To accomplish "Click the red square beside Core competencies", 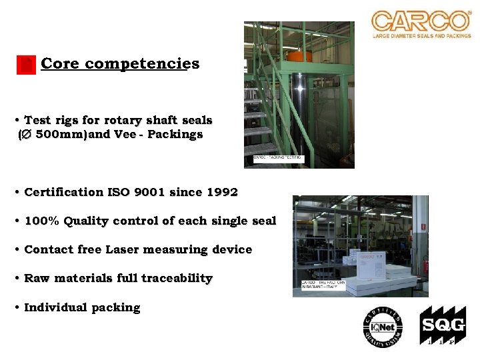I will coord(25,65).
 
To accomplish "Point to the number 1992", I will coord(222,192).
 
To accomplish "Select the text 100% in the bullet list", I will coord(40,221).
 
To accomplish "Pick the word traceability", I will coord(177,278).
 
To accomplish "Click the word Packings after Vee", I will coord(175,134).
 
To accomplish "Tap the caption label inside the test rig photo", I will coord(279,158).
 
